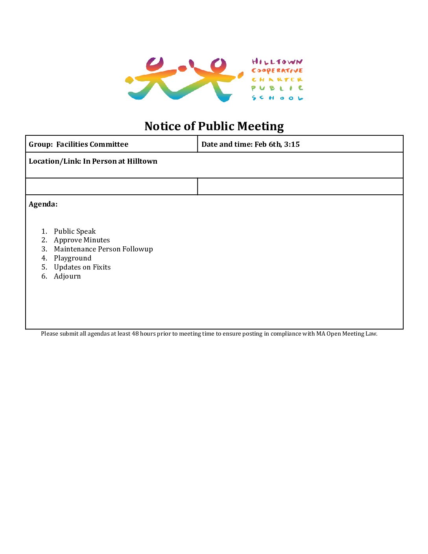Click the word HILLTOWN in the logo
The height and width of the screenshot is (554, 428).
tap(277, 62)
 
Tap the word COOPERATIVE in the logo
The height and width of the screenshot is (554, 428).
tap(277, 71)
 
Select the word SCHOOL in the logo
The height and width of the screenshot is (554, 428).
tap(277, 98)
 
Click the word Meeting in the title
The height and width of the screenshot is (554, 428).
tap(260, 126)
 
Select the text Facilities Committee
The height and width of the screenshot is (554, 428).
tap(92, 144)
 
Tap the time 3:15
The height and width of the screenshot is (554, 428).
tap(292, 144)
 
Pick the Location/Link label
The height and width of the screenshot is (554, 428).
tap(55, 161)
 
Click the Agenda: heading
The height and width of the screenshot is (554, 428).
tap(43, 204)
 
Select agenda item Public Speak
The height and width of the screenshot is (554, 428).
tap(75, 231)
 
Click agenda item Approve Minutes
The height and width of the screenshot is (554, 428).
tap(82, 240)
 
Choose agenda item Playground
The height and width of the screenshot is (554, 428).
tap(72, 258)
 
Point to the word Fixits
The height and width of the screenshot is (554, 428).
tap(101, 267)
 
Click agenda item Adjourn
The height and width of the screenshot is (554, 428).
tap(67, 276)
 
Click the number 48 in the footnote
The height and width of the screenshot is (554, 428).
tap(135, 334)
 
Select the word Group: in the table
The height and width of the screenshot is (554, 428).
tap(41, 144)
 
